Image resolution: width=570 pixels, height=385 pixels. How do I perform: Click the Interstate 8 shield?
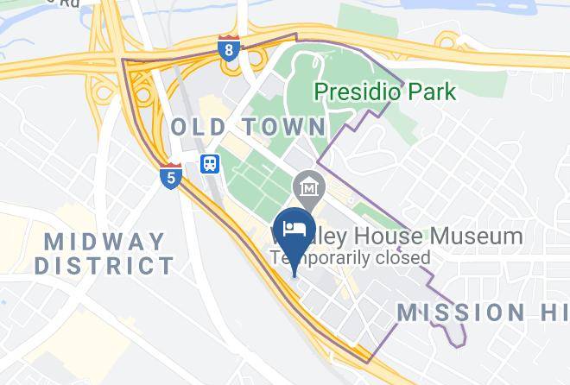(228, 49)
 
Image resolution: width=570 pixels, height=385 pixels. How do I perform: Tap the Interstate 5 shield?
(171, 176)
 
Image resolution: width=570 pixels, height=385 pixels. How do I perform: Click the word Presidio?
(354, 91)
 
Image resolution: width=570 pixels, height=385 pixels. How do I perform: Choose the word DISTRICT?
(104, 265)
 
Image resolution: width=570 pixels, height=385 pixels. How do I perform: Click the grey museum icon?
(307, 185)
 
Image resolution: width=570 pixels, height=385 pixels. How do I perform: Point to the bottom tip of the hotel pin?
(294, 275)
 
